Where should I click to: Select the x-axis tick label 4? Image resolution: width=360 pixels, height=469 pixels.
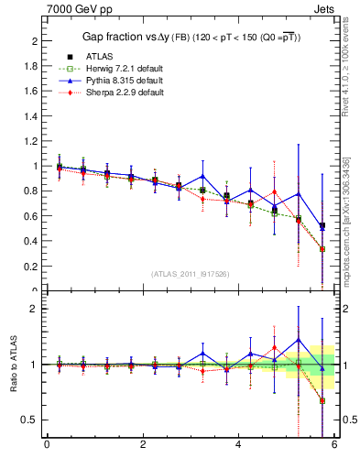coord(238,445)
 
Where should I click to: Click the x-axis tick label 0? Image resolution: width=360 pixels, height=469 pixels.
coord(47,445)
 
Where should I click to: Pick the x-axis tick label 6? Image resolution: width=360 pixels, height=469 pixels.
coord(334,445)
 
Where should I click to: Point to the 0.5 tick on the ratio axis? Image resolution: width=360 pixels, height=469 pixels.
coord(29,420)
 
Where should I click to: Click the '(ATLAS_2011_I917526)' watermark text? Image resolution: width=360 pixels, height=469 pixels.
coord(191,275)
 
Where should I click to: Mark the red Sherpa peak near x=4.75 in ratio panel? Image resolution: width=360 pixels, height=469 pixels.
coord(274,348)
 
